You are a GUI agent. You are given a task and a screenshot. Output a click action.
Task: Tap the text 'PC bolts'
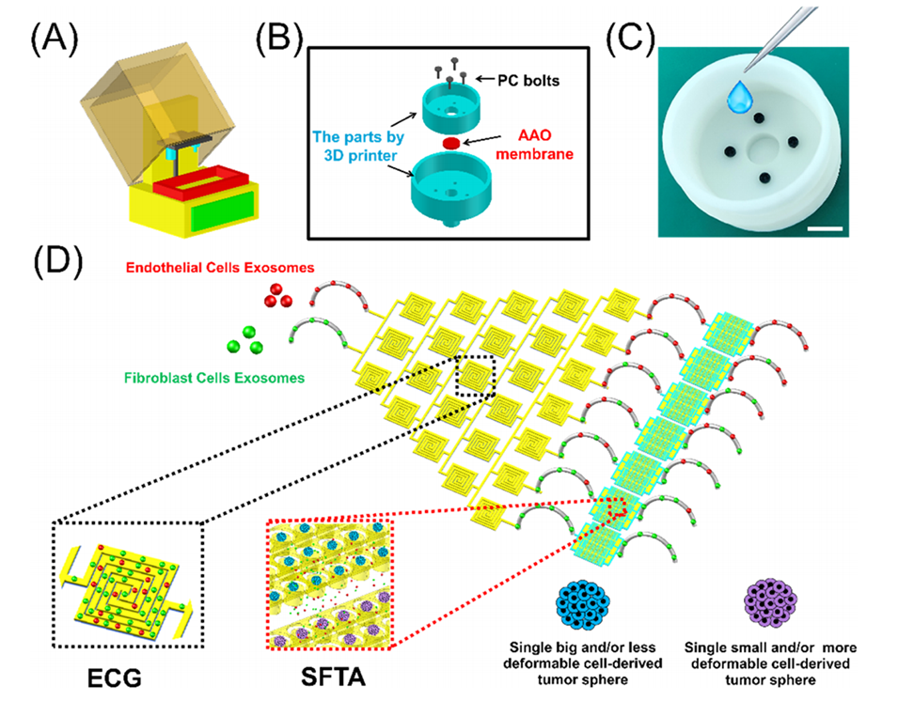528,81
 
